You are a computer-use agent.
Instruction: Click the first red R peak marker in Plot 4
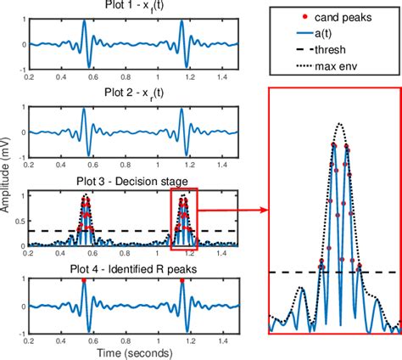coord(83,280)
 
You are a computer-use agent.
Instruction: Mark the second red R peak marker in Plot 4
coord(182,280)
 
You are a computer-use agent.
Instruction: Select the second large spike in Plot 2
coord(182,115)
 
